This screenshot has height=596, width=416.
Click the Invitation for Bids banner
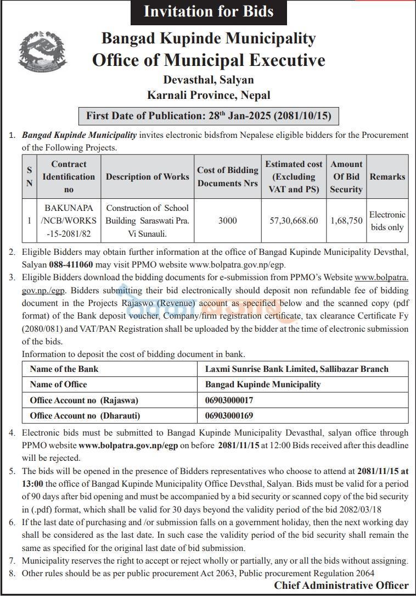208,12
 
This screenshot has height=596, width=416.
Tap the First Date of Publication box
208,116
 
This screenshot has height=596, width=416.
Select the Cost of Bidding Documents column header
228,176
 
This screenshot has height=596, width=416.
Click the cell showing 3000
228,221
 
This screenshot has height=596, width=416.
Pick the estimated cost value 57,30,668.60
294,221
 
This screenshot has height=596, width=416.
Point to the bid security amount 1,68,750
346,221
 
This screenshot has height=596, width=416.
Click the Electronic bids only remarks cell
387,221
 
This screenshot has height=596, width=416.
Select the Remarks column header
387,176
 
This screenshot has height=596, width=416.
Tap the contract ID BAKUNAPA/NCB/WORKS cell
69,221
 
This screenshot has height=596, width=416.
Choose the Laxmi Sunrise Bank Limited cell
296,369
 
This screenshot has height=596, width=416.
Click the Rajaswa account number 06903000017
229,400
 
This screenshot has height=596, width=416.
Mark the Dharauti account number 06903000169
229,415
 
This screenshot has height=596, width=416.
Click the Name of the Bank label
64,369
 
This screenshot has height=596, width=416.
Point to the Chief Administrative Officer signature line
341,586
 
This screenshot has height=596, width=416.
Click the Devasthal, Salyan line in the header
208,80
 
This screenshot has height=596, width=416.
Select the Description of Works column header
147,176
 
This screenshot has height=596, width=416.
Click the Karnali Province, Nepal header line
209,95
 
